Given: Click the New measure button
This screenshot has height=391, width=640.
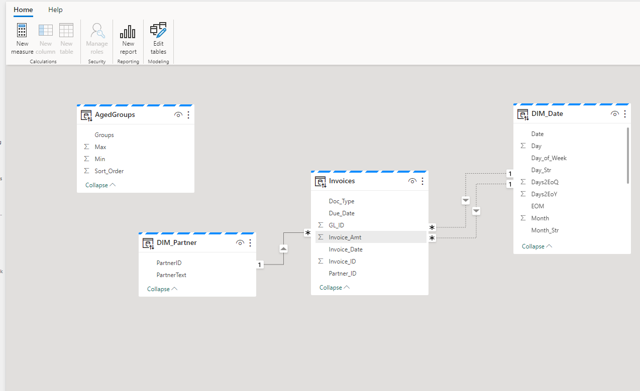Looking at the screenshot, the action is tap(22, 39).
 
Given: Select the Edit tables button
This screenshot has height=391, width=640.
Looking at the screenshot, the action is tap(158, 39).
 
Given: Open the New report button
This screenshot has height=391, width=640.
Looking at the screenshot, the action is tap(128, 39).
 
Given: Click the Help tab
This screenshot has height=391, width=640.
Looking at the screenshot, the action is tap(55, 10).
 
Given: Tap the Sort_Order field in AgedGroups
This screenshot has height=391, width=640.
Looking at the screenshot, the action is tap(109, 171).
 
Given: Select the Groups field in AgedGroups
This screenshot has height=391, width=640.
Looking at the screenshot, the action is tap(104, 135).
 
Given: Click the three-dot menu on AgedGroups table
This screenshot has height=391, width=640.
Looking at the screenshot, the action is tap(188, 115).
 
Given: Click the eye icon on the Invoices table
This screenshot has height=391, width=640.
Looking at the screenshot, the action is tap(412, 181).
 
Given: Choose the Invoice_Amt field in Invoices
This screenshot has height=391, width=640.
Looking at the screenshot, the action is tap(345, 237).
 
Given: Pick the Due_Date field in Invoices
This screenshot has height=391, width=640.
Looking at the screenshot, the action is tap(342, 213).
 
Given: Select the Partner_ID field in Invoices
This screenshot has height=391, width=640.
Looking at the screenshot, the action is tap(342, 274).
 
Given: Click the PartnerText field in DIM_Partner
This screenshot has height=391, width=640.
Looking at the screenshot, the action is tap(171, 275).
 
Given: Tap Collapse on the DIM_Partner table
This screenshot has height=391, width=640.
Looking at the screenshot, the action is tap(162, 289).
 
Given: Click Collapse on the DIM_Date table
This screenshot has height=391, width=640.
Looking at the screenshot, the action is tap(537, 246).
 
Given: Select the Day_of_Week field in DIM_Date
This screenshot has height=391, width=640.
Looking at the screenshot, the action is tap(549, 158).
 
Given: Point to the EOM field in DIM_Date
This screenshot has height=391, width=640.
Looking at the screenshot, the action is tap(538, 206).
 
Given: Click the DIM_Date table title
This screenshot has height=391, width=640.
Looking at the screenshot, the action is tap(547, 113).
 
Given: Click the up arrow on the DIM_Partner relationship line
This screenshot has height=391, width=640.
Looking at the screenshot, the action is tap(283, 249).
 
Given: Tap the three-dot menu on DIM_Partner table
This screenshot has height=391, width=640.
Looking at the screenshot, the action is tap(250, 243).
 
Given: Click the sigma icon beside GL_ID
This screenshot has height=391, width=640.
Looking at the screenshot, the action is tap(321, 225).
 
